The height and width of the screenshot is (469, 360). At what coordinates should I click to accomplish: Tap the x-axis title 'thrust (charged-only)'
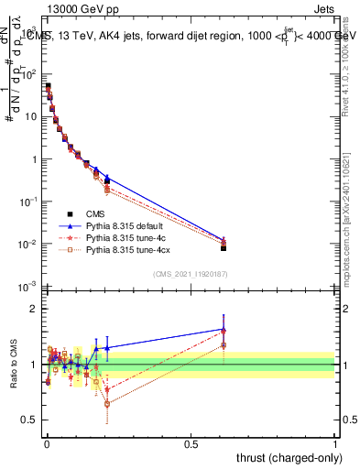[289, 455]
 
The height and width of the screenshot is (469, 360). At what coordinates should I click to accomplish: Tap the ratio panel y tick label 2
[36, 309]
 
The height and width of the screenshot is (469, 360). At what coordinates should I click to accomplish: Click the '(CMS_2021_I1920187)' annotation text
[190, 274]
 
